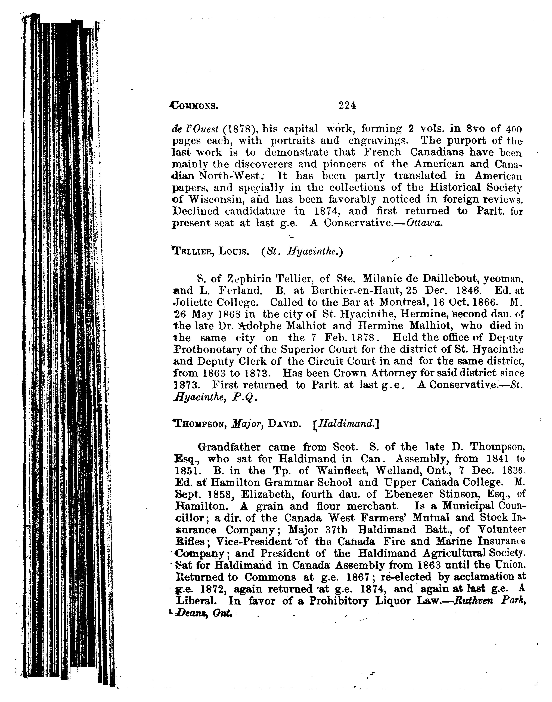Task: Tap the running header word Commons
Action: coord(194,106)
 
